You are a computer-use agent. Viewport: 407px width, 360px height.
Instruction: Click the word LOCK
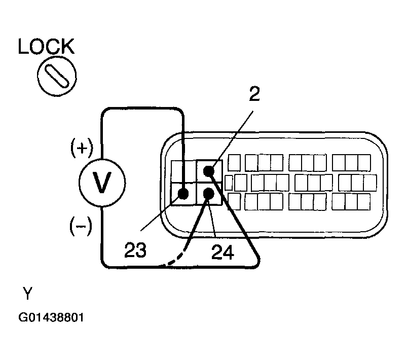46,46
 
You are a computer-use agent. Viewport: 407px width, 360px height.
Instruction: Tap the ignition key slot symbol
57,76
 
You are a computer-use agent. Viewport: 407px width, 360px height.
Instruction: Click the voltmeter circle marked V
102,183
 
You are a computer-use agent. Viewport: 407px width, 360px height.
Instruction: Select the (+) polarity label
82,148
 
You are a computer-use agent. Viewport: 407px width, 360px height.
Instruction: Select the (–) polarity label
81,227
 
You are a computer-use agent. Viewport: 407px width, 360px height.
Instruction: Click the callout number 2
254,94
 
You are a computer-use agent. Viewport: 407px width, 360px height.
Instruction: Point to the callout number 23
135,249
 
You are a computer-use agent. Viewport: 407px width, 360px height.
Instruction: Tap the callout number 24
223,252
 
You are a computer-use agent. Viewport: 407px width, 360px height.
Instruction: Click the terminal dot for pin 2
209,171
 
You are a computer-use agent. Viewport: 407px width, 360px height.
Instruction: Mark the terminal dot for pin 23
183,194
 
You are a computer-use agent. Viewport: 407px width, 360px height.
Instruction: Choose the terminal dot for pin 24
209,194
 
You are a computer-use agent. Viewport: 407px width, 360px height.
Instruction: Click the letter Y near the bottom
27,293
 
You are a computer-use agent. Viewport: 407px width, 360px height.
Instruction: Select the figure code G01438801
51,317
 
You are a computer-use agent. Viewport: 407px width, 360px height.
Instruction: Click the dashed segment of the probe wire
177,259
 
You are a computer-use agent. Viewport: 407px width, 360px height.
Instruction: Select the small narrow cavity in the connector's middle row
229,183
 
